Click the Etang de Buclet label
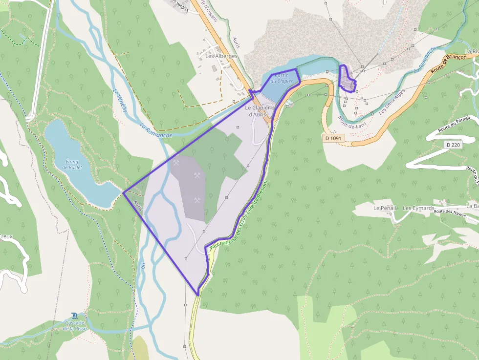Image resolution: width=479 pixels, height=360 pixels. (x=72, y=164)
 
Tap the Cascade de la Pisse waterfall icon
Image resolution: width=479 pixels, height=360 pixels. (x=74, y=316)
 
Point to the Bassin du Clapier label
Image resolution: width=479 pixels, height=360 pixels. (x=282, y=78)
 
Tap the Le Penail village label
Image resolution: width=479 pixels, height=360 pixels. (x=385, y=208)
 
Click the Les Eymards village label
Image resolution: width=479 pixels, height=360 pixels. (x=418, y=208)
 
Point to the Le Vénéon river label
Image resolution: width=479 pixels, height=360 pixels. (x=120, y=100)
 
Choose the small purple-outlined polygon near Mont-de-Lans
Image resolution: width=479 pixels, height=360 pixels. (x=348, y=80)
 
